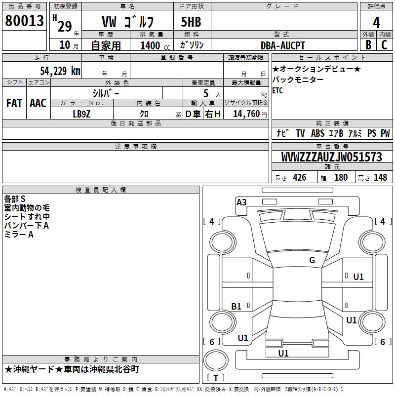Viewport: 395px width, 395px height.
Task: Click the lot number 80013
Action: (x=24, y=21)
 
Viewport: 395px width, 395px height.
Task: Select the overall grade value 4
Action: (x=376, y=22)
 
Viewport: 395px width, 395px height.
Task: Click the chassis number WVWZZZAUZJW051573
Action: (x=331, y=158)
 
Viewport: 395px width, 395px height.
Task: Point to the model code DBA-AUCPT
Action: (x=283, y=45)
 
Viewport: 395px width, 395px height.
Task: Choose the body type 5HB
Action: (x=191, y=22)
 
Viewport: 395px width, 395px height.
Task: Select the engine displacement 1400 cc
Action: (x=150, y=45)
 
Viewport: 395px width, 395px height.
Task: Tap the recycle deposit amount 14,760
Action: (x=245, y=113)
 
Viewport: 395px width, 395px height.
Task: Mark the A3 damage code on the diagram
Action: (x=241, y=202)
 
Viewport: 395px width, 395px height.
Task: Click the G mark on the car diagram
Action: (x=312, y=260)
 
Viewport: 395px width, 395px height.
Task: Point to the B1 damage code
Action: (x=236, y=307)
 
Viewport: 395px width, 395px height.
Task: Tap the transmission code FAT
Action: (x=14, y=103)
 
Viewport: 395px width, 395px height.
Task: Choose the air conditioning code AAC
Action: (x=38, y=103)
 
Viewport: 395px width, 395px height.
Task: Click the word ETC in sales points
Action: (x=277, y=91)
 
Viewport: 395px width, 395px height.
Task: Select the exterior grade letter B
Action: (x=368, y=45)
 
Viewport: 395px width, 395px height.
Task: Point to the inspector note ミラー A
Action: (x=19, y=235)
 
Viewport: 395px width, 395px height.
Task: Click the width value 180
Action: (x=341, y=178)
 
